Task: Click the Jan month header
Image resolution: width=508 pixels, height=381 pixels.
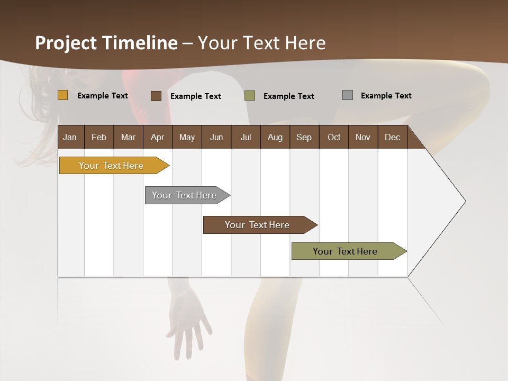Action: tap(70, 137)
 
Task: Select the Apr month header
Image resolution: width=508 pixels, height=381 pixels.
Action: tap(157, 137)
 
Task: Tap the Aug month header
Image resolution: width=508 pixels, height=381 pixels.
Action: tap(275, 137)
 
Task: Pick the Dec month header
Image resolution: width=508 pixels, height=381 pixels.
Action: tap(392, 137)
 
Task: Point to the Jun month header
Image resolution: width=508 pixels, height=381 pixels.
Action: tap(216, 137)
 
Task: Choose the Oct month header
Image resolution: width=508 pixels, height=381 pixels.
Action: tap(334, 137)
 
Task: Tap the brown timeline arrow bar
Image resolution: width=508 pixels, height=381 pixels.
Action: tap(258, 225)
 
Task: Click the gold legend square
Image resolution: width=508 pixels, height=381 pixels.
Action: tap(62, 95)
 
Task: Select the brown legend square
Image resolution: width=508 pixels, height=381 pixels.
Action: tap(156, 96)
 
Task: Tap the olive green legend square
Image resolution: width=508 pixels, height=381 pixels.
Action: tap(250, 96)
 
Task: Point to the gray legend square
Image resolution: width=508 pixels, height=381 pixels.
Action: tap(348, 95)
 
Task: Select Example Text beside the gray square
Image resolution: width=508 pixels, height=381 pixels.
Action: tap(386, 96)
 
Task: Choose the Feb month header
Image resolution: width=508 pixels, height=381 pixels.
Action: tap(99, 137)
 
